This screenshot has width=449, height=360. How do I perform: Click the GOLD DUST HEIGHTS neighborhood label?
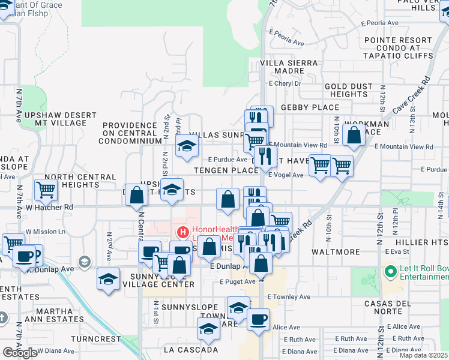[x=348, y=91]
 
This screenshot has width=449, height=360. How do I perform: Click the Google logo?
[x=20, y=353]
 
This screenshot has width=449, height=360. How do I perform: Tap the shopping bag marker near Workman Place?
[x=354, y=137]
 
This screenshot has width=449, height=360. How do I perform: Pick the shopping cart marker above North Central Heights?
[x=46, y=190]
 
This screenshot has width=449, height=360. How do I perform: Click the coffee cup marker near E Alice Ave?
[x=258, y=319]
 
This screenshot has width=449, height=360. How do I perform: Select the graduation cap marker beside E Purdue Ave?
[x=187, y=145]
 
